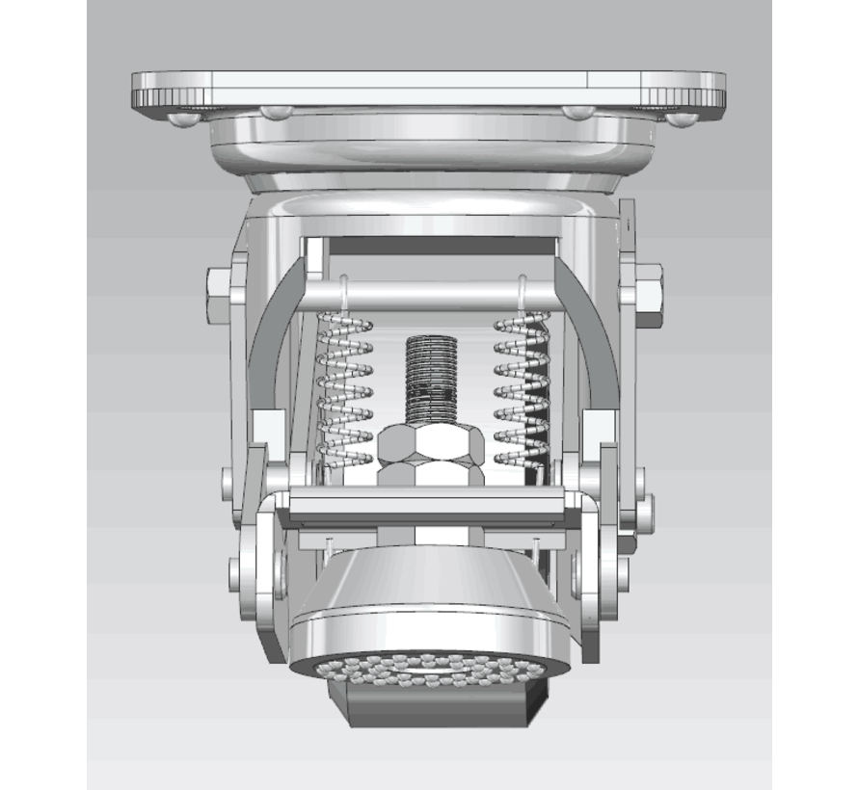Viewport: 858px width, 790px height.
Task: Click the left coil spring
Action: [x=345, y=390]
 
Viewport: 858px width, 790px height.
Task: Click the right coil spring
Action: [x=522, y=390]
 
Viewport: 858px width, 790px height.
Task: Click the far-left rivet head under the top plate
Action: [x=181, y=119]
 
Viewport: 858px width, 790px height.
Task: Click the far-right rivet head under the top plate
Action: [x=683, y=118]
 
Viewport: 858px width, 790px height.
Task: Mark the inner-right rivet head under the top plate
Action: [x=579, y=112]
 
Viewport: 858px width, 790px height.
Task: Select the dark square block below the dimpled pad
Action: [x=439, y=704]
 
